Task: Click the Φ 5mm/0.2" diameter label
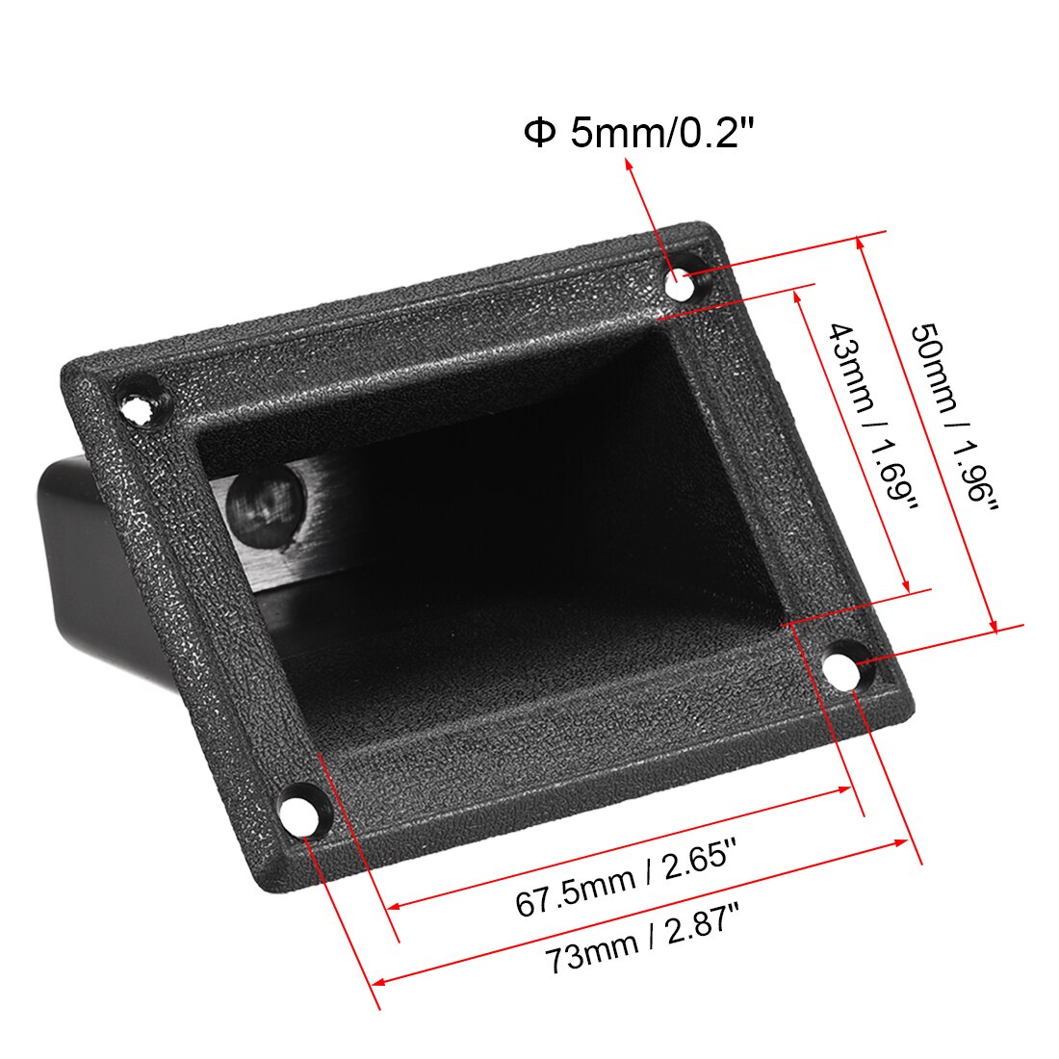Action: click(635, 132)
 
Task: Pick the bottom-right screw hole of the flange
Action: click(843, 667)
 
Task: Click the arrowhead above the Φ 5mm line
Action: click(631, 165)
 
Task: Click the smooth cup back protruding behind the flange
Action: click(72, 539)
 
